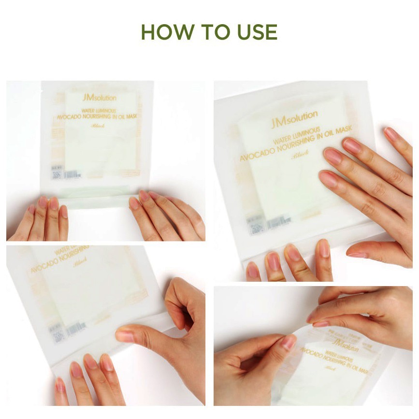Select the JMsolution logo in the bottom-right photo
click(343, 346)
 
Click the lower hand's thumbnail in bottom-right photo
click(288, 343)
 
